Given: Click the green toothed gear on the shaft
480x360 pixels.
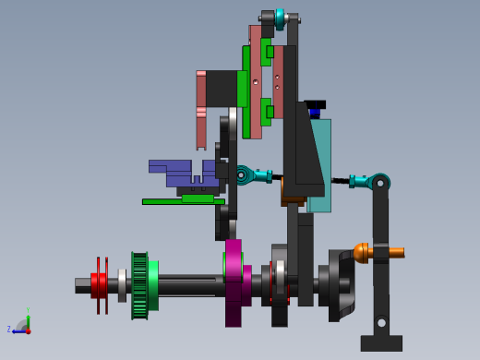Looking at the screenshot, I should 140,285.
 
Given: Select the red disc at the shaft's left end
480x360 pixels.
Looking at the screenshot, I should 99,285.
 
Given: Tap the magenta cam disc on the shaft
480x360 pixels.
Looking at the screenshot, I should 234,282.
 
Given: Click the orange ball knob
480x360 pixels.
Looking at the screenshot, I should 362,252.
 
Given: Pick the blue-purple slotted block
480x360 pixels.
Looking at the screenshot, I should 175,172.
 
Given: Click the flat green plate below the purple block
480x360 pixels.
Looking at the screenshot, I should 183,200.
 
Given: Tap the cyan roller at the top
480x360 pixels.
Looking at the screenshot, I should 280,18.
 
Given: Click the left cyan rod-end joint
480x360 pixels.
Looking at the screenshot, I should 244,174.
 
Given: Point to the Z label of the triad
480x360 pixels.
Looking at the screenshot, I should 9,329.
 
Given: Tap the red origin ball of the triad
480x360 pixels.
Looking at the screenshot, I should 28,330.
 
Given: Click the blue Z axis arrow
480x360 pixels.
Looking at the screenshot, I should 18,330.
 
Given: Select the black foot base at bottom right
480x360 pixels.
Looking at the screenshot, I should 381,342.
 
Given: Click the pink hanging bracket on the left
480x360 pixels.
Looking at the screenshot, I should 200,111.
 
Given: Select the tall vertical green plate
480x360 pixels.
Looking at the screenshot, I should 246,92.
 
